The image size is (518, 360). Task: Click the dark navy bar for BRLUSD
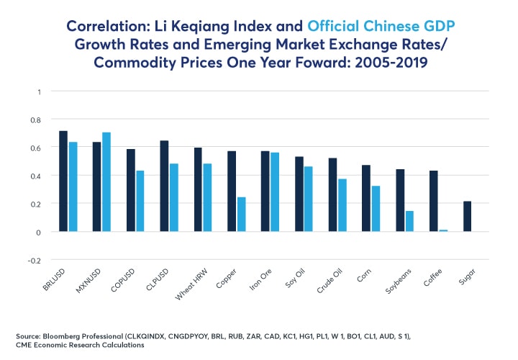tap(63, 181)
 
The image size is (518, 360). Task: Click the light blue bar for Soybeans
tap(409, 222)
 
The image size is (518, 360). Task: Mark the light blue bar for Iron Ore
tap(275, 192)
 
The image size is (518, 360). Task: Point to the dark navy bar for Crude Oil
tap(333, 195)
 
